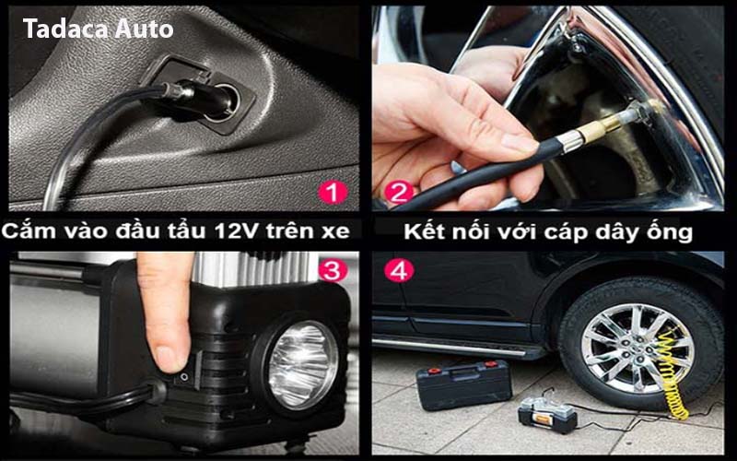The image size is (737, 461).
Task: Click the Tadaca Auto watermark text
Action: pos(99,29)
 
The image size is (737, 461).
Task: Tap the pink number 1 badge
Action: pos(333,193)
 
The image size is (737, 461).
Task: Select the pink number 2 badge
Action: pos(399,193)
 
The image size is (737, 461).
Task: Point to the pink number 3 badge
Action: pos(333,270)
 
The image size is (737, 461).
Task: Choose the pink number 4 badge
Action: pos(399,270)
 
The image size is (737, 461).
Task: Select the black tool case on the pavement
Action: pos(464,384)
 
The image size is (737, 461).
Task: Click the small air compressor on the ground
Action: pos(547,414)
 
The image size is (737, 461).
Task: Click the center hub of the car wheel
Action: pos(637,349)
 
